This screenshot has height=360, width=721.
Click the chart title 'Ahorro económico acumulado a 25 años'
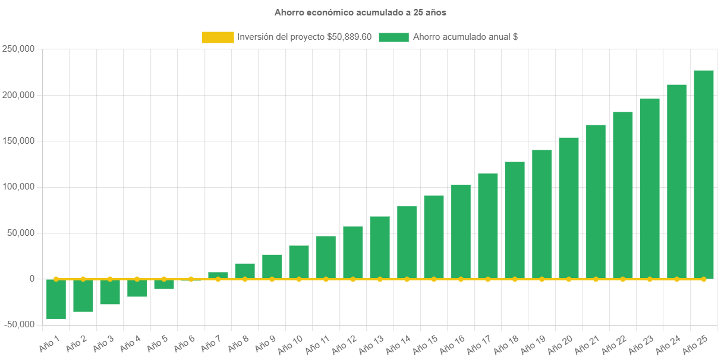tap(360, 12)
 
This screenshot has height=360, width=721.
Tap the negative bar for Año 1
tap(56, 299)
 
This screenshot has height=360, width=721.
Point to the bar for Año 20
tap(568, 208)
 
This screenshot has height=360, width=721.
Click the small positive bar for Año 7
tap(218, 275)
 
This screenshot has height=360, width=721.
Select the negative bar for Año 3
tap(110, 292)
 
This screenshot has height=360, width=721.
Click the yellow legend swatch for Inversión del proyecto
tap(218, 37)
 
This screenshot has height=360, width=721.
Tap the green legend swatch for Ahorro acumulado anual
tap(393, 37)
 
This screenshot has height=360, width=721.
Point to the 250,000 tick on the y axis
tap(18, 49)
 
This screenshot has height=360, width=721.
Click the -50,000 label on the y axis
tap(18, 324)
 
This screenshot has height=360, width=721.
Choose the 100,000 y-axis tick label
tap(18, 187)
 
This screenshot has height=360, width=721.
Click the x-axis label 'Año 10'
tap(291, 344)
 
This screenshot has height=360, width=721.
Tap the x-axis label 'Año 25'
tap(695, 344)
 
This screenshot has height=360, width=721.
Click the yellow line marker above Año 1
tap(56, 279)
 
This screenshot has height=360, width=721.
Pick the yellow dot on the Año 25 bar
tap(703, 279)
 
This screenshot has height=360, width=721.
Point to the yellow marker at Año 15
tap(434, 279)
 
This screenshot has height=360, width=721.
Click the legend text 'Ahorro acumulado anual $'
tap(465, 37)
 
